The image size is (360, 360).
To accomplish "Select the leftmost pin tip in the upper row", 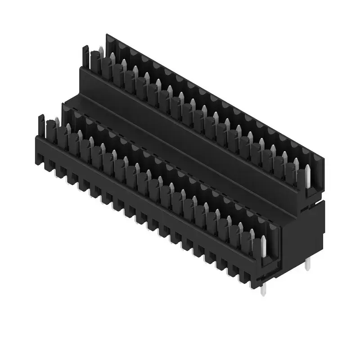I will pyautogui.click(x=100, y=49).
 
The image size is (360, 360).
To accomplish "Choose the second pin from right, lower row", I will pyautogui.click(x=252, y=234).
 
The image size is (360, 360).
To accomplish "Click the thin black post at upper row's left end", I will pyautogui.click(x=84, y=56).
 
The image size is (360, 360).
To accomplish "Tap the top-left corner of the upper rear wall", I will pyautogui.click(x=107, y=34).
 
